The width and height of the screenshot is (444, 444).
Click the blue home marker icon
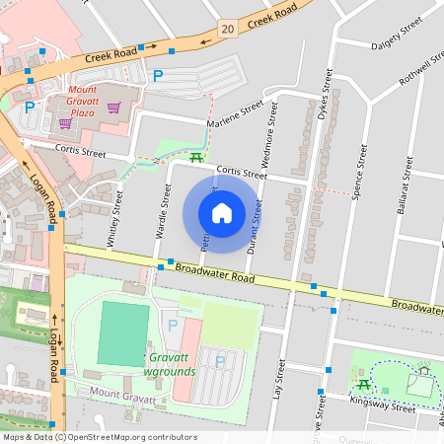(x=222, y=213)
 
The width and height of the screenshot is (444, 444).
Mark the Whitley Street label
(x=115, y=219)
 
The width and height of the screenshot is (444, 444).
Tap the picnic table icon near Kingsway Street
(x=364, y=384)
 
